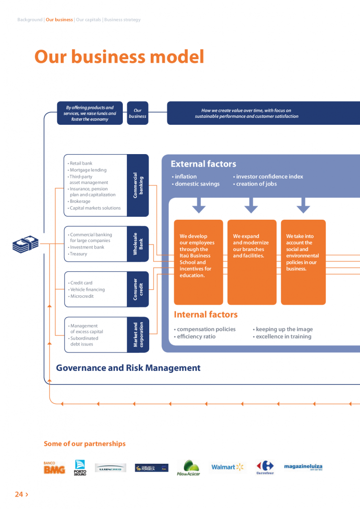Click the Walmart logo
click(228, 467)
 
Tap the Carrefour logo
click(265, 467)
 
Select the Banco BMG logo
click(54, 468)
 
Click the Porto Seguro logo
click(80, 468)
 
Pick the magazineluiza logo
click(303, 467)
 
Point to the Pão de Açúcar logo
click(188, 468)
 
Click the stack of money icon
click(25, 244)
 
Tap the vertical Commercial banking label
click(138, 185)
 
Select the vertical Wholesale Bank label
click(138, 244)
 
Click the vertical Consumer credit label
click(138, 289)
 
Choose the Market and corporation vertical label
click(138, 335)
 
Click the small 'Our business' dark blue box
click(138, 113)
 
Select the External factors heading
click(203, 164)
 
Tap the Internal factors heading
click(205, 314)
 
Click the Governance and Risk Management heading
click(128, 368)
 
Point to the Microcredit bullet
click(82, 296)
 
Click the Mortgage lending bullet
click(88, 170)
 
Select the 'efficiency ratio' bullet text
click(195, 337)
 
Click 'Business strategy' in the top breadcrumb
click(122, 20)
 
